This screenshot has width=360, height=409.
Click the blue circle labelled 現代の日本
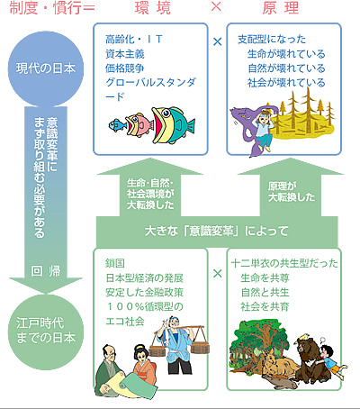pyautogui.click(x=46, y=68)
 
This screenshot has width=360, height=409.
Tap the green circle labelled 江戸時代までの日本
pyautogui.click(x=46, y=332)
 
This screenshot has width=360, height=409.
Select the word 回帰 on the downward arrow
pyautogui.click(x=46, y=271)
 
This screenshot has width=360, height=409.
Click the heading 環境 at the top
pyautogui.click(x=153, y=8)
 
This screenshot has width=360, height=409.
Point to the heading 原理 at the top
pyautogui.click(x=281, y=8)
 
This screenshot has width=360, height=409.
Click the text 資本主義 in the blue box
pyautogui.click(x=125, y=54)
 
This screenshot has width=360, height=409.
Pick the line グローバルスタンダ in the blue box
pyautogui.click(x=150, y=83)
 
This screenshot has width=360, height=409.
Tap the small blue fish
pyautogui.click(x=117, y=124)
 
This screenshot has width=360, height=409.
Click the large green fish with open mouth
pyautogui.click(x=173, y=125)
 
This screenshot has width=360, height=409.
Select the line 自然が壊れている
pyautogui.click(x=286, y=68)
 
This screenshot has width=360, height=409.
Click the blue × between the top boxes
pyautogui.click(x=217, y=41)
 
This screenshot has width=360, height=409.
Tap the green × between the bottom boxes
pyautogui.click(x=217, y=274)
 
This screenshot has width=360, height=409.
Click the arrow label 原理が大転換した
pyautogui.click(x=292, y=192)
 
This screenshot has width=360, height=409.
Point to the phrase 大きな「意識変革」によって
pyautogui.click(x=217, y=232)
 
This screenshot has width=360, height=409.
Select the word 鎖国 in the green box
pyautogui.click(x=115, y=263)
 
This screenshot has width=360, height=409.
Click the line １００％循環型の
pyautogui.click(x=144, y=306)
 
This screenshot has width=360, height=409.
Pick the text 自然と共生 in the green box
pyautogui.click(x=265, y=292)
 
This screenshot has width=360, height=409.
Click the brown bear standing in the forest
pyautogui.click(x=309, y=359)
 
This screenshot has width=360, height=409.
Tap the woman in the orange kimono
pyautogui.click(x=144, y=365)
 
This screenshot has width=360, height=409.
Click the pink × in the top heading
pyautogui.click(x=216, y=6)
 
